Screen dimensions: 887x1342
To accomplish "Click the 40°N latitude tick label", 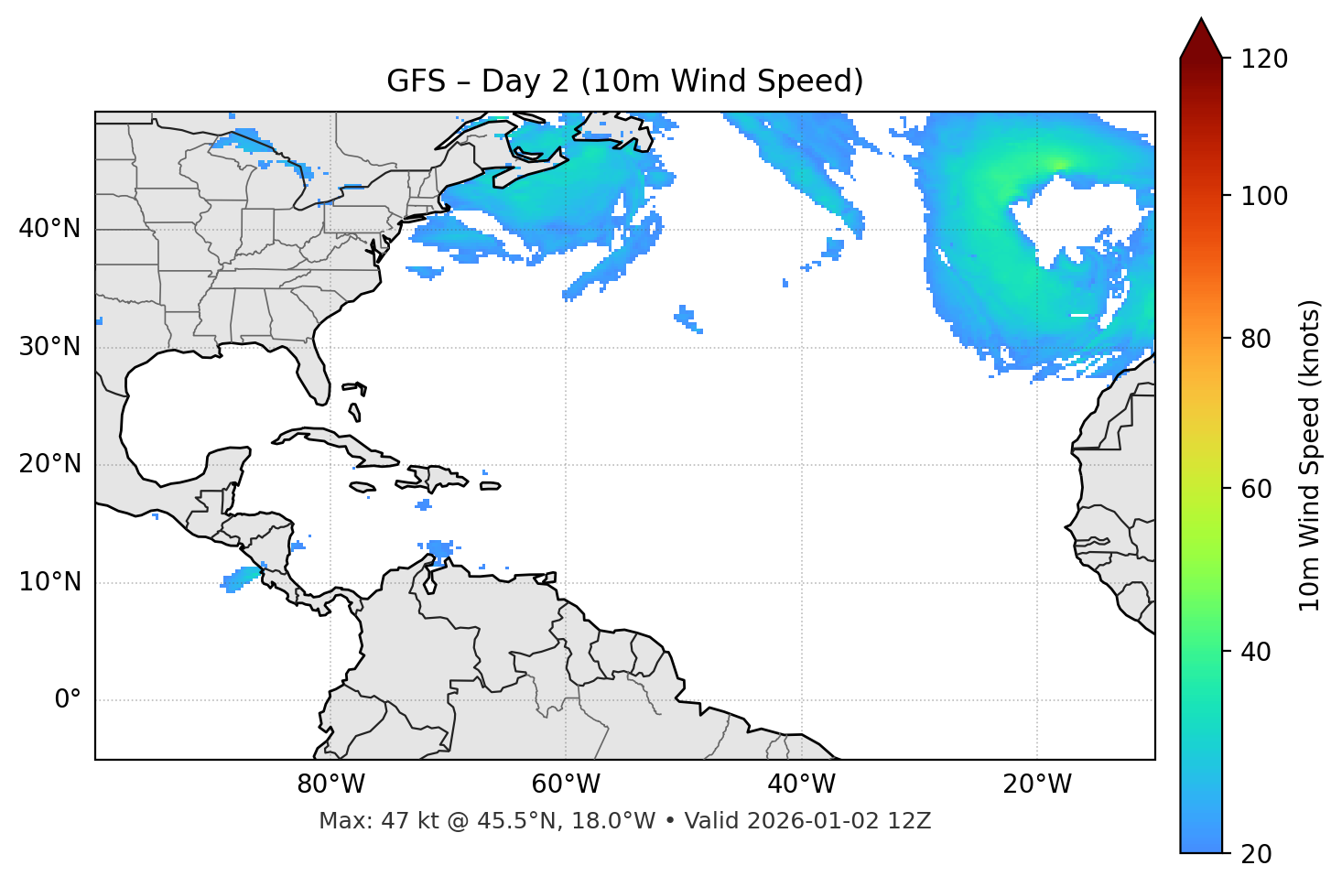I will coord(49,229).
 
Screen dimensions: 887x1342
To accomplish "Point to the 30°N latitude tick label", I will coord(49,347).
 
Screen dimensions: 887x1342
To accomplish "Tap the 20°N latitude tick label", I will coord(49,464).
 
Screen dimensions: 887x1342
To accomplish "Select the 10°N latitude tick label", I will coord(49,582).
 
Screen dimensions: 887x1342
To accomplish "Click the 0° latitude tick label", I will coord(68,700).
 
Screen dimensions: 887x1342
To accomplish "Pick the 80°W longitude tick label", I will coord(330,784).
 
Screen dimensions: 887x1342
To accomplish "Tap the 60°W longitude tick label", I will coord(566,784).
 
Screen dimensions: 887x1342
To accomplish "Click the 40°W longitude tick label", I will coord(801,784).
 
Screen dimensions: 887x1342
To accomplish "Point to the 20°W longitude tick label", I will coord(1037,784).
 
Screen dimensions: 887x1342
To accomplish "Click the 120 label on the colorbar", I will coord(1264,59).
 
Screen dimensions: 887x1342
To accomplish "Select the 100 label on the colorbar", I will coord(1264,196).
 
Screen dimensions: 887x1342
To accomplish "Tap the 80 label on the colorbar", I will coord(1256,339).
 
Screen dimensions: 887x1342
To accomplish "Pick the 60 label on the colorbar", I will coord(1256,489).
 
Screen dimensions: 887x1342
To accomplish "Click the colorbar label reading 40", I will coord(1256,652).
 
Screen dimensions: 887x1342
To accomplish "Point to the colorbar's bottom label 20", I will coord(1256,854).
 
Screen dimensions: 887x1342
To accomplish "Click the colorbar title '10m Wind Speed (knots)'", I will coord(1310,455).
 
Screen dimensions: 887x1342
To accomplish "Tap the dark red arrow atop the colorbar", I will coord(1201,38).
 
